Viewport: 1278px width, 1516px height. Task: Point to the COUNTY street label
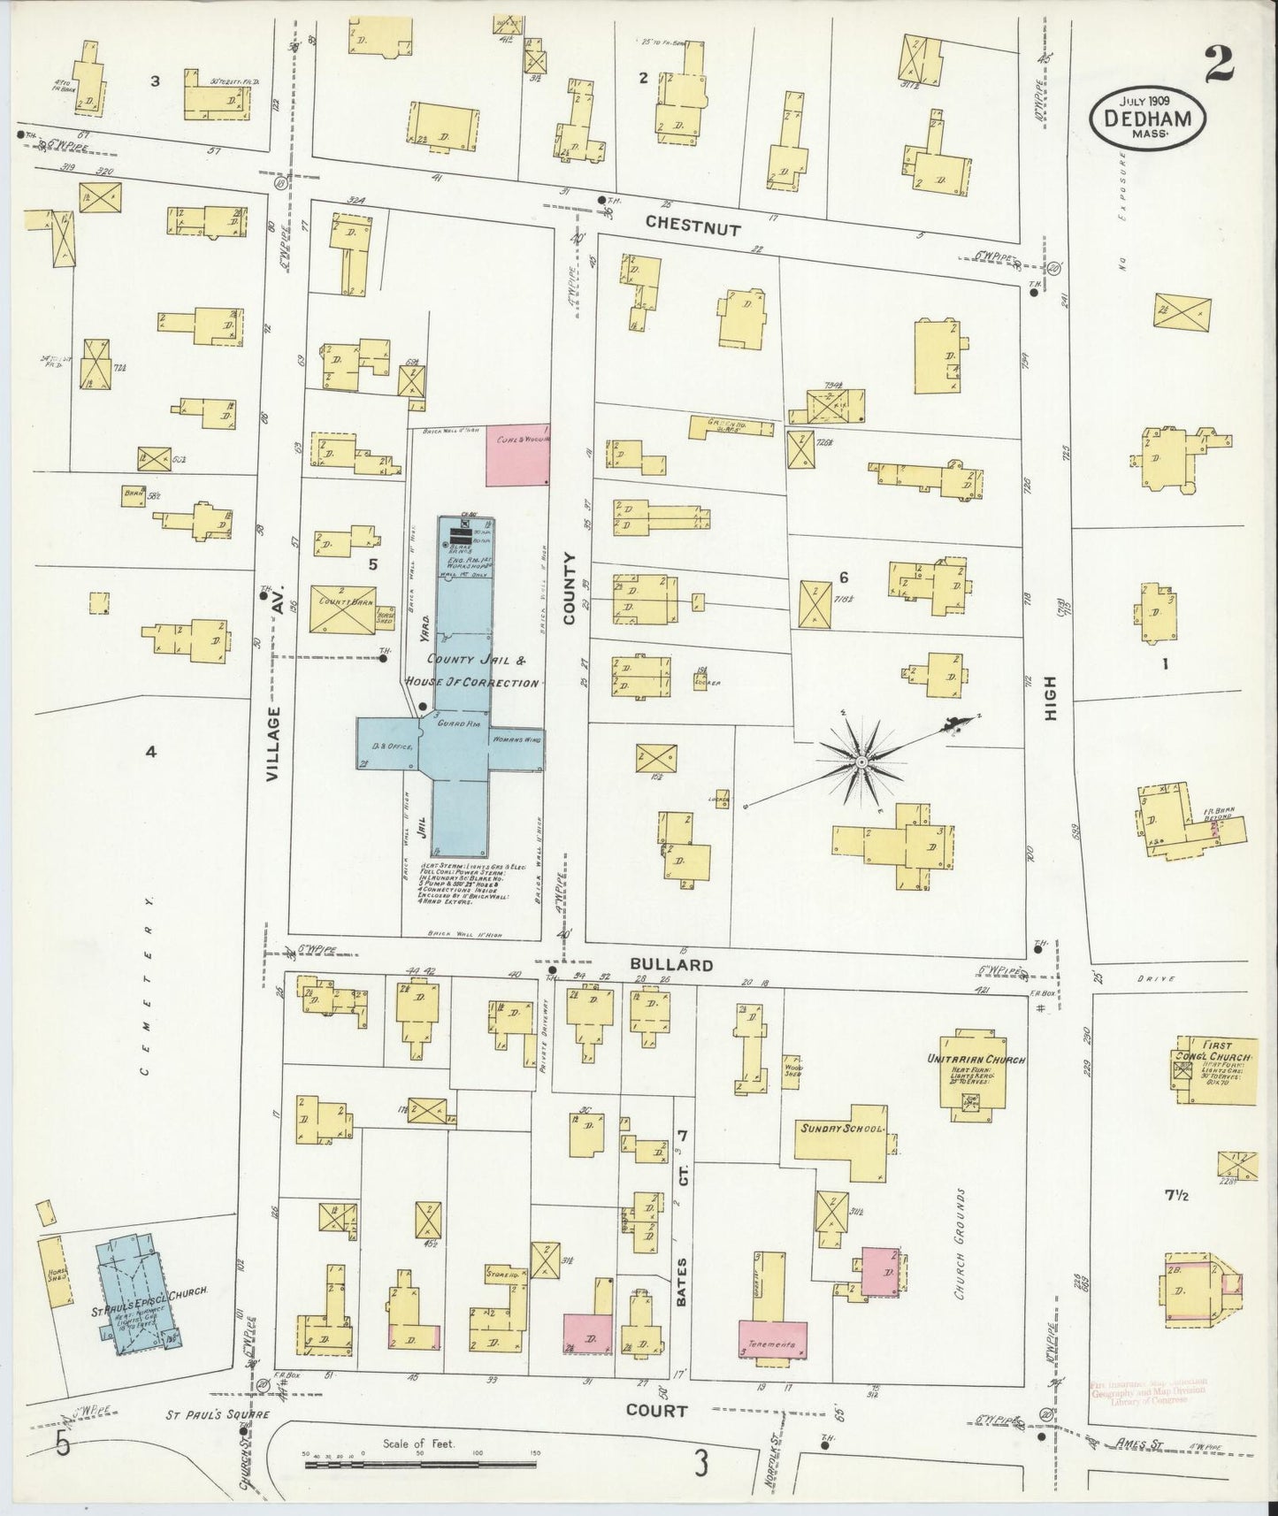click(x=570, y=589)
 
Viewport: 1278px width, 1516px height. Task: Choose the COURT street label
click(x=656, y=1411)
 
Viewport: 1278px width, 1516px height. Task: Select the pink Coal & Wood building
click(x=518, y=453)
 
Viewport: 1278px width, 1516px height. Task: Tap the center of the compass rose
click(x=860, y=761)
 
